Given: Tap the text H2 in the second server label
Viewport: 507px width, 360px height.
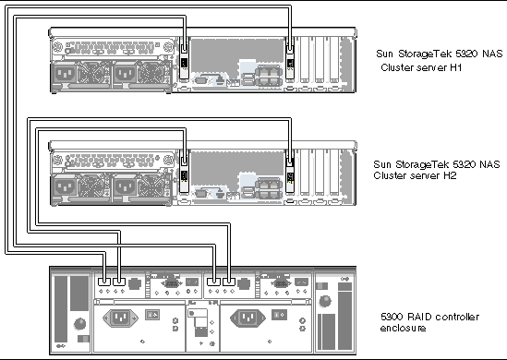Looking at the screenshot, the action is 450,175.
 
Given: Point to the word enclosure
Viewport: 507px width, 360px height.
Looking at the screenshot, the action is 403,328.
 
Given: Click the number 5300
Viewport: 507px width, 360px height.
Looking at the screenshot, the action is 392,317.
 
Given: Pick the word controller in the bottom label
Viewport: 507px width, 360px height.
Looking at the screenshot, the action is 457,317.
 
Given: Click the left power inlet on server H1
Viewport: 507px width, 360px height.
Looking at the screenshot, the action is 65,75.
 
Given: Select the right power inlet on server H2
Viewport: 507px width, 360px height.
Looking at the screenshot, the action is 125,186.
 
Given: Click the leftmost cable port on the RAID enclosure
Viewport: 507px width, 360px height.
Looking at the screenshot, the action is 104,282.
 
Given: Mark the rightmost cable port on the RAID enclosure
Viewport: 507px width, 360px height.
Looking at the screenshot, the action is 229,282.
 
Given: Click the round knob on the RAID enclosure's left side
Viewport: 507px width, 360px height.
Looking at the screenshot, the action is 79,323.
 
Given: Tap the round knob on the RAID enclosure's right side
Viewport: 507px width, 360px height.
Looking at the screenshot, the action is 325,301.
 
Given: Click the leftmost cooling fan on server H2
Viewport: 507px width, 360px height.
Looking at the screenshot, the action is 91,186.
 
